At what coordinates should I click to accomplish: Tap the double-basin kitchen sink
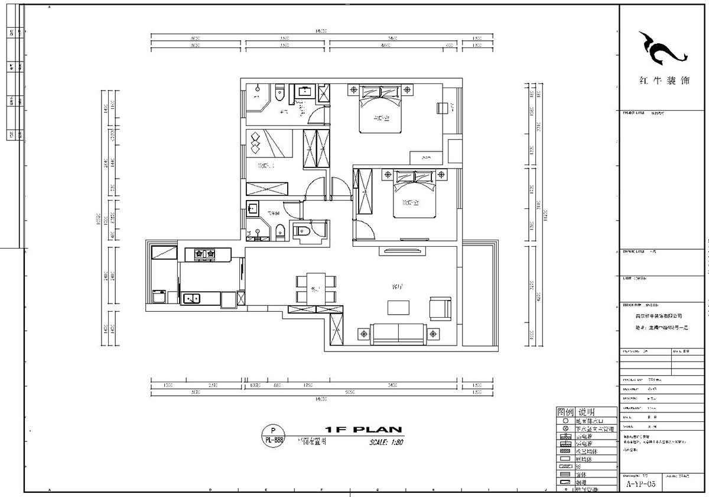click(x=190, y=298)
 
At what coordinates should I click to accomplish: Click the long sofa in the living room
click(x=396, y=334)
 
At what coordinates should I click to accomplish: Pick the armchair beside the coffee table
click(x=440, y=308)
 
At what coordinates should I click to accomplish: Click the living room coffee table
click(x=398, y=308)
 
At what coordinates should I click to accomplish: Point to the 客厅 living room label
click(x=397, y=286)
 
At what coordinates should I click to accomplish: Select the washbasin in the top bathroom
click(x=306, y=92)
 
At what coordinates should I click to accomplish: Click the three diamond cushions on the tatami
click(x=255, y=144)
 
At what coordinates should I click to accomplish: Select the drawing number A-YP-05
click(x=641, y=483)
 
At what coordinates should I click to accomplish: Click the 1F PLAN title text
click(x=363, y=430)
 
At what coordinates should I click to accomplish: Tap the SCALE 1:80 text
click(x=386, y=442)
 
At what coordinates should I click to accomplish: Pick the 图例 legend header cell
click(x=565, y=412)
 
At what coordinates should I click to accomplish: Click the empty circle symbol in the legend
click(x=565, y=420)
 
